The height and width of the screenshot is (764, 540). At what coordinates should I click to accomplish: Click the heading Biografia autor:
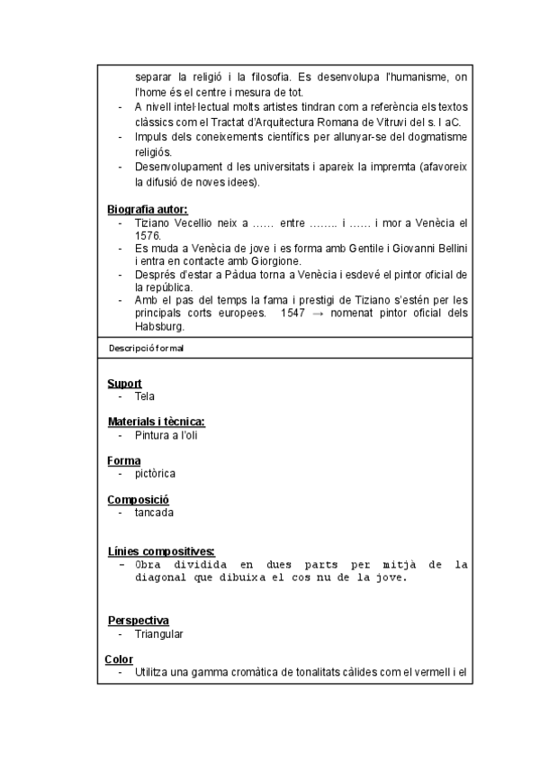(x=148, y=210)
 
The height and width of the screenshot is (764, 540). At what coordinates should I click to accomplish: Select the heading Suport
(x=124, y=383)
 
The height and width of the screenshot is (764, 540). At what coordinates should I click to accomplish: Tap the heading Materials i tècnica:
(x=156, y=422)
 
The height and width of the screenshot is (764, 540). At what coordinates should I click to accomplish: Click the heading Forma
(x=124, y=460)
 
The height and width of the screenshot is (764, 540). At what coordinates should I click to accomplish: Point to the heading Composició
(x=139, y=500)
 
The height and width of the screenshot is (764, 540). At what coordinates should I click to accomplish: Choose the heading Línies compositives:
(x=160, y=551)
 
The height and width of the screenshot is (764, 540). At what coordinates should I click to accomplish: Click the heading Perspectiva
(x=138, y=621)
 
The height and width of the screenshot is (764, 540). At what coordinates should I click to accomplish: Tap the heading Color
(x=119, y=659)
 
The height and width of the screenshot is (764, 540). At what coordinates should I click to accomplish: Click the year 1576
(x=148, y=235)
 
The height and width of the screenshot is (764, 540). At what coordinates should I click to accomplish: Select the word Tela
(x=145, y=396)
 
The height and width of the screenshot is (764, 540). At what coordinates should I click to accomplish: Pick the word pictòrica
(x=155, y=473)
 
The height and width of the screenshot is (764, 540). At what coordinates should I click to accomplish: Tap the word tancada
(x=154, y=513)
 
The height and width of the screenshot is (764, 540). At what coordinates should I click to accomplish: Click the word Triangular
(x=159, y=634)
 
